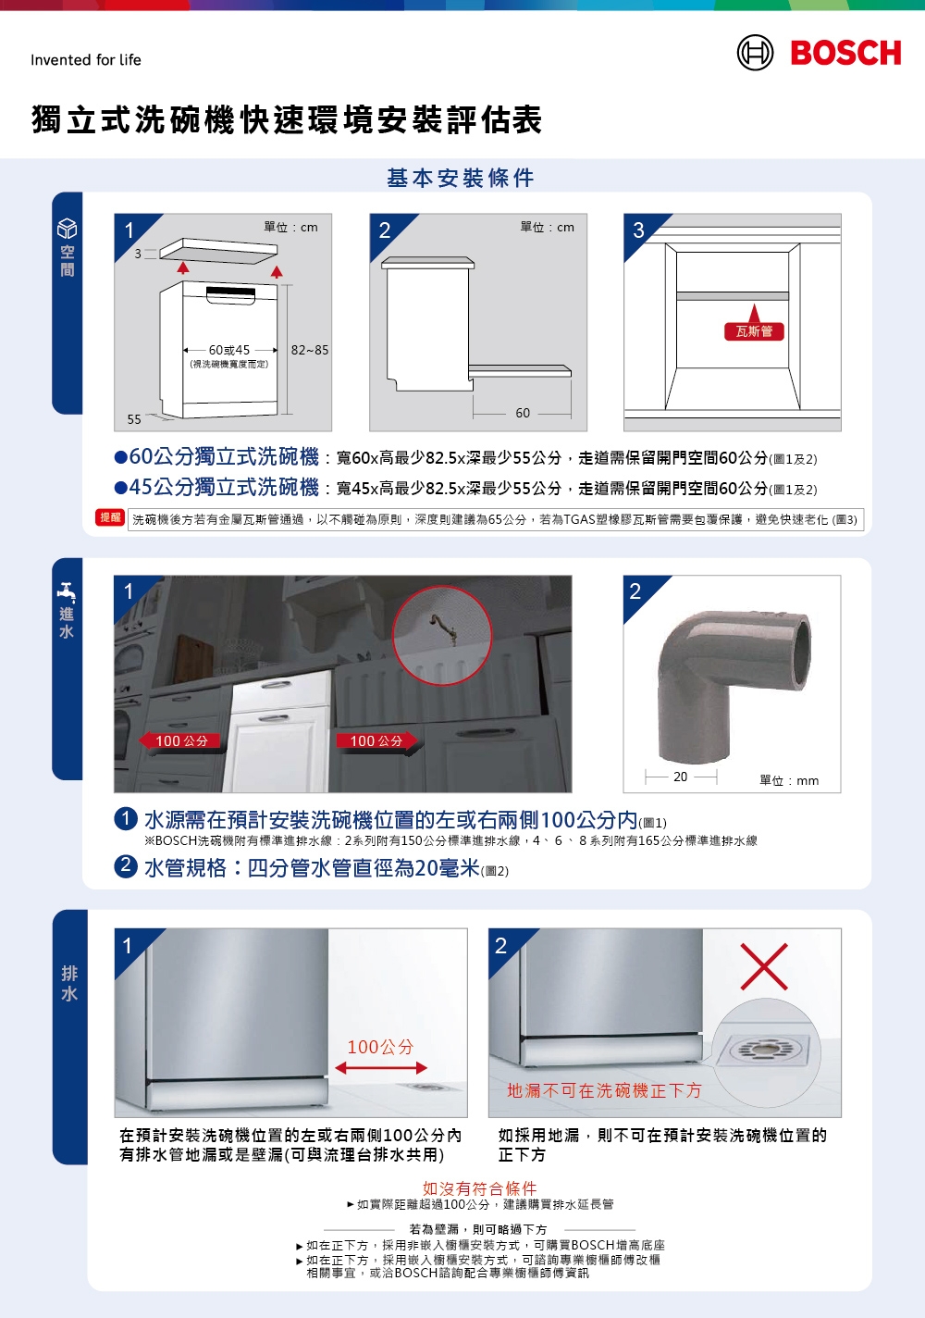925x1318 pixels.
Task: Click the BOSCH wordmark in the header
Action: (x=845, y=54)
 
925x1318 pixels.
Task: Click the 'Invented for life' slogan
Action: (x=86, y=60)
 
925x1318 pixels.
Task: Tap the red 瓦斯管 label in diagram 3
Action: (x=754, y=331)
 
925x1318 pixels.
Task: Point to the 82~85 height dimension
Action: (x=309, y=350)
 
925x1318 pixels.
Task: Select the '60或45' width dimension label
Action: (x=228, y=350)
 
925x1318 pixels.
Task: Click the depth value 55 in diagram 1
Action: (x=134, y=419)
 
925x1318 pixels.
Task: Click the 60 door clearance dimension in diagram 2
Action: (x=523, y=413)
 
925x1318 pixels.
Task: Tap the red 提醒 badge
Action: (x=110, y=517)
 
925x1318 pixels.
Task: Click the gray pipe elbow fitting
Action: (x=731, y=680)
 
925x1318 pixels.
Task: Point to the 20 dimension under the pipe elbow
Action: (x=680, y=777)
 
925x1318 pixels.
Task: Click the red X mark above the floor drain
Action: (x=764, y=967)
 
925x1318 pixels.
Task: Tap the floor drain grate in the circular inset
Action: (x=763, y=1050)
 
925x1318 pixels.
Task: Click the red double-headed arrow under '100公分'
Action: (x=380, y=1068)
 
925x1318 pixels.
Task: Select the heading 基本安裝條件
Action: (x=460, y=178)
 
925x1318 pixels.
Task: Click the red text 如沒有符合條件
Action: (x=479, y=1187)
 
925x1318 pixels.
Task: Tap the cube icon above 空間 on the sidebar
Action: (x=68, y=229)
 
